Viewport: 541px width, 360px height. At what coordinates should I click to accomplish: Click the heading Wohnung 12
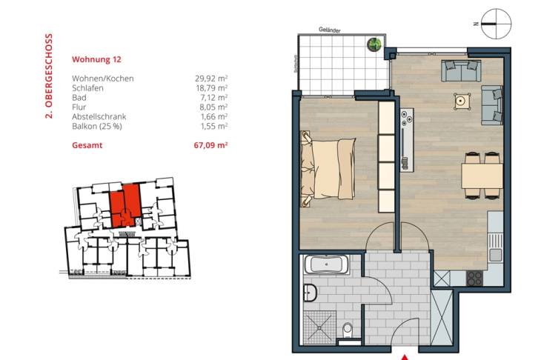click(96, 59)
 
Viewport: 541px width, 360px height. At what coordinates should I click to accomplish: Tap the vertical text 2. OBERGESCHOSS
click(48, 76)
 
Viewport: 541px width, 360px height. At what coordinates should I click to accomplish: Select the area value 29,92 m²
click(210, 78)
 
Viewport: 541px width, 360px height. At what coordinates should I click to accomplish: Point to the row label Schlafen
click(87, 87)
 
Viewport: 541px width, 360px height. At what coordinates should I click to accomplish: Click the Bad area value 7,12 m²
click(213, 97)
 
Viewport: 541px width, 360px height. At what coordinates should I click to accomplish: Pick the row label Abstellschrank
click(99, 116)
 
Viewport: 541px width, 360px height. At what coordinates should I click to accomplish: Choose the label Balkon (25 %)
click(97, 126)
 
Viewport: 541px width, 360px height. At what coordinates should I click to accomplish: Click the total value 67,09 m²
click(210, 146)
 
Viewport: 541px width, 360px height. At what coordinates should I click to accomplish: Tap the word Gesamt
click(87, 146)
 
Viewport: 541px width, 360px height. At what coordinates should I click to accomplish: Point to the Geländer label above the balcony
click(329, 30)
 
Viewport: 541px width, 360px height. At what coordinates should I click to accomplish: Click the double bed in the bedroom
click(331, 167)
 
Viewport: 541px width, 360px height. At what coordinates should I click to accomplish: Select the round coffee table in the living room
click(462, 101)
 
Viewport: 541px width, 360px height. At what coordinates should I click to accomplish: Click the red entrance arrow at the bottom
click(403, 355)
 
